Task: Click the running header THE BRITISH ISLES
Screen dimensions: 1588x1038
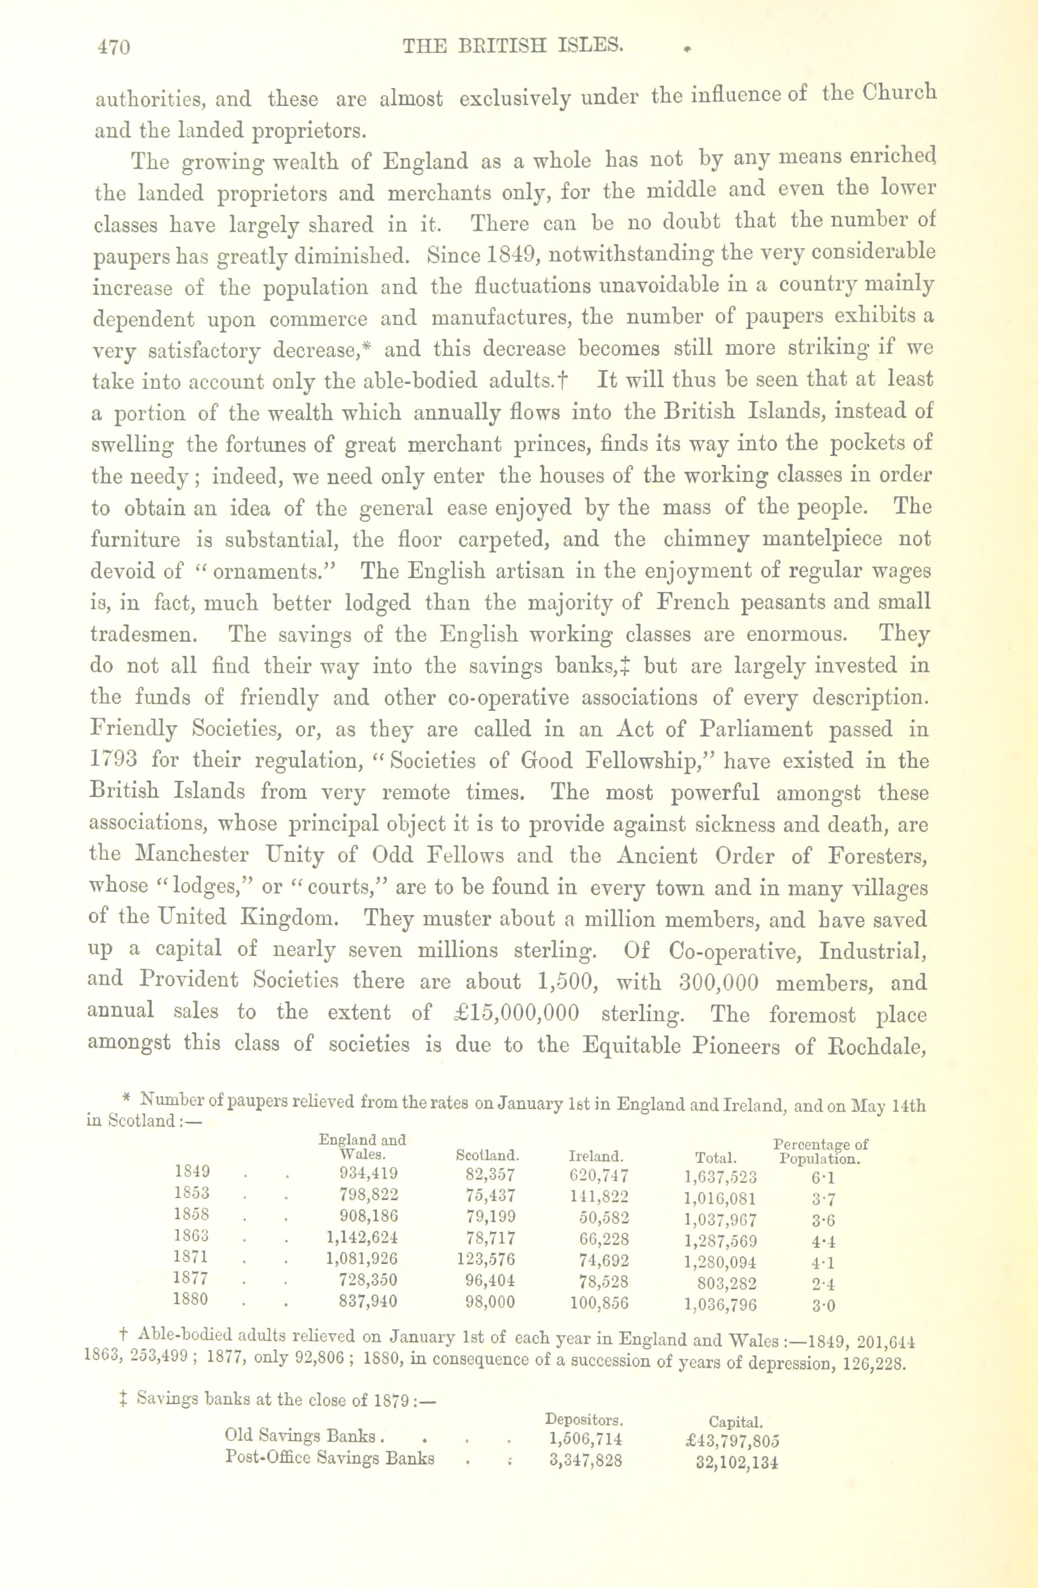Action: pos(513,45)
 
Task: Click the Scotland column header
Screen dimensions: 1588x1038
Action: pos(487,1155)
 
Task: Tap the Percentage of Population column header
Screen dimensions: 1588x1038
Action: pos(820,1150)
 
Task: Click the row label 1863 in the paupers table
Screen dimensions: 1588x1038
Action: pos(191,1237)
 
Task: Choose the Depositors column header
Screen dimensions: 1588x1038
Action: pos(585,1419)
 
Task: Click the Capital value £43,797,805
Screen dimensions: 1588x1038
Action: pos(733,1441)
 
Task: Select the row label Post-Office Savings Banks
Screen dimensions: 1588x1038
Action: pos(330,1458)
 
